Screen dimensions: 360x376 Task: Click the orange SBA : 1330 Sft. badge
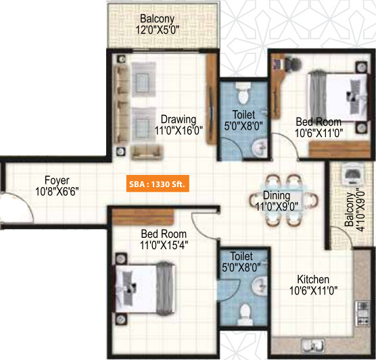[x=158, y=184]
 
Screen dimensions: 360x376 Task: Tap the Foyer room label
[x=57, y=186]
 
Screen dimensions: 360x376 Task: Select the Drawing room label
[x=178, y=126]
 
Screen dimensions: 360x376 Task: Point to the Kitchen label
[x=313, y=284]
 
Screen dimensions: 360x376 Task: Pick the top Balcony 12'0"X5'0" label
[x=162, y=24]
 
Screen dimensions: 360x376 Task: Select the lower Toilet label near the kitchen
[x=241, y=262]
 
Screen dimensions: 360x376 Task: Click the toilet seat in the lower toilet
[x=244, y=314]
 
